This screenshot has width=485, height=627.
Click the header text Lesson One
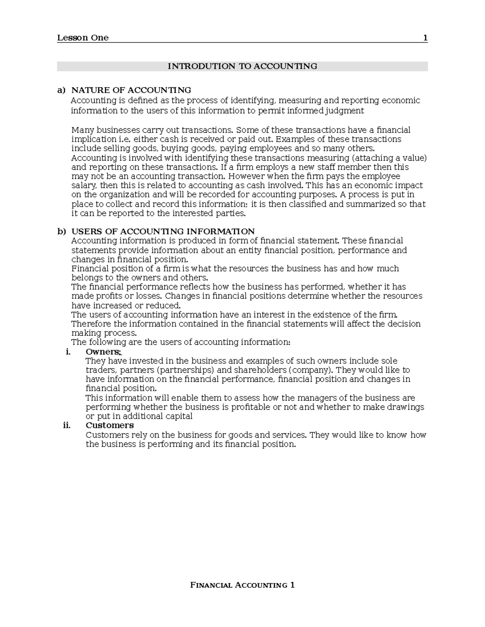tap(83, 38)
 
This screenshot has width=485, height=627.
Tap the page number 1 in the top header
tap(425, 38)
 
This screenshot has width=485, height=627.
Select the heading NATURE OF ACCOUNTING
tap(131, 90)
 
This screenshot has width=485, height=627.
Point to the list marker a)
tap(61, 90)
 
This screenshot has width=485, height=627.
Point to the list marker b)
tap(61, 231)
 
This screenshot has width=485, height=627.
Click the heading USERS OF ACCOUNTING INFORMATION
tap(163, 231)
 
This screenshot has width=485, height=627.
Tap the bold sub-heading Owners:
tap(103, 352)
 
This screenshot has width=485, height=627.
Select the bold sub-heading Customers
tap(110, 425)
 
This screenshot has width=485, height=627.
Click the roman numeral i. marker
tap(68, 352)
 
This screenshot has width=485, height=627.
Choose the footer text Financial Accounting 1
tap(242, 585)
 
